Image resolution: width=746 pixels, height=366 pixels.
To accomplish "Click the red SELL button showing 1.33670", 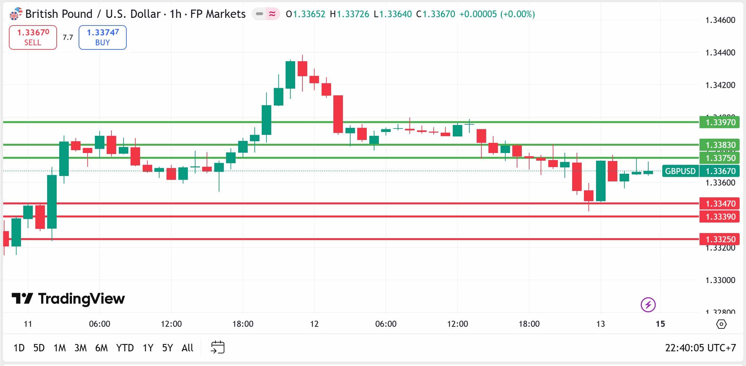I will coord(33,37).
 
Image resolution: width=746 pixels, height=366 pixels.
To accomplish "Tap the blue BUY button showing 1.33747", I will coord(103,37).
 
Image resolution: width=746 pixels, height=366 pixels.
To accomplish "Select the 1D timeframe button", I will coord(19,348).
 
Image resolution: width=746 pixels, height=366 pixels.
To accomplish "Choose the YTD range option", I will coord(124,348).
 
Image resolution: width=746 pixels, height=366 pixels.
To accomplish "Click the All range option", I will coord(187,348).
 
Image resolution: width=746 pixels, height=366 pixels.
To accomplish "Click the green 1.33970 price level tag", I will coord(720,122).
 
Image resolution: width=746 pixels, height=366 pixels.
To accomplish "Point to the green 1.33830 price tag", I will coord(720,145).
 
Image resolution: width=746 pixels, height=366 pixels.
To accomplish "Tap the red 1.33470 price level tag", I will coord(720,203).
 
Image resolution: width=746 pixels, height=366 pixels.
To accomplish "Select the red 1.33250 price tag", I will coord(720,239).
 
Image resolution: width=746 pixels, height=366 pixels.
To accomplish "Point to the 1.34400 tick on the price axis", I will coord(720,53).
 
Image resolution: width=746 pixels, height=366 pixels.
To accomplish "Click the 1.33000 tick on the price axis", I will coord(720,280).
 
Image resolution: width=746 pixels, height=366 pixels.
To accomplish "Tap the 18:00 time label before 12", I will coord(243,324).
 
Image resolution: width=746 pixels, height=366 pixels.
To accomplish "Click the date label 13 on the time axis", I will coord(600,324).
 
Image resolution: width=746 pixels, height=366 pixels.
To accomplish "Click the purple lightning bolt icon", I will coord(648,305).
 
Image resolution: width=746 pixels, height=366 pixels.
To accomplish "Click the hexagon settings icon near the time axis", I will coord(721,324).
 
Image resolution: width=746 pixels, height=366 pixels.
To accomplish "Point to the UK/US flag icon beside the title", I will coord(15,14).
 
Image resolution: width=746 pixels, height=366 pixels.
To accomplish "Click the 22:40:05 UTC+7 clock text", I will coord(700,348).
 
